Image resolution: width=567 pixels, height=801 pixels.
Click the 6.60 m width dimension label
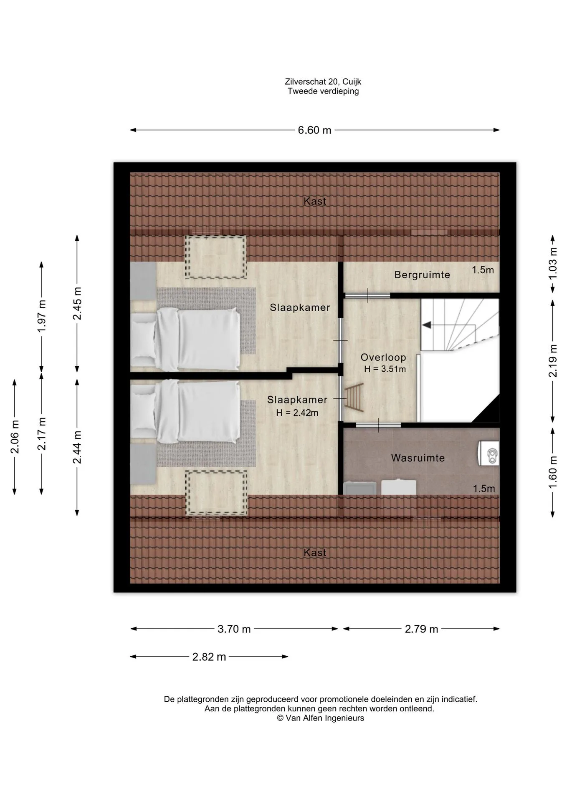pos(314,130)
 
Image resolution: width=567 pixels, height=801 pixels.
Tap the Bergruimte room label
pos(422,275)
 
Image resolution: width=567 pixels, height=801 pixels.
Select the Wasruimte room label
pos(418,458)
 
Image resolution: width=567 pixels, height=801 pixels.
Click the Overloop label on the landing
pos(383,358)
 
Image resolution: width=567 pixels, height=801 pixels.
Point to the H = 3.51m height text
pos(385,369)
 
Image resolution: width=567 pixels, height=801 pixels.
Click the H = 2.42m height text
pos(297,413)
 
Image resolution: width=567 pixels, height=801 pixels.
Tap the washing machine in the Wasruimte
pos(489,453)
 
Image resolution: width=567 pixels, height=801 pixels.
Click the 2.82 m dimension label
pos(209,657)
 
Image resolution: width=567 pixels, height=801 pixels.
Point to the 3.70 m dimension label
pos(234,629)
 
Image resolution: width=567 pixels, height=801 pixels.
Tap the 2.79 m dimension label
pos(421,629)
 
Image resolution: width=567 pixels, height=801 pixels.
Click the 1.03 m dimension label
pos(553,264)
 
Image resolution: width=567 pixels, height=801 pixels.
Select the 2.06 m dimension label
pos(15,437)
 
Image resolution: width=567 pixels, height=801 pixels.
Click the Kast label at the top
pos(315,201)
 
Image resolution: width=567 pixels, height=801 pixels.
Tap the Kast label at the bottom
pos(315,553)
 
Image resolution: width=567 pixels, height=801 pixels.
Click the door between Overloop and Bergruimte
pos(367,295)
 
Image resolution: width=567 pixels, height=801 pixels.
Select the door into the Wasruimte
pos(378,425)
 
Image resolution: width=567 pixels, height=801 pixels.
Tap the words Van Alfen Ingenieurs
pos(325,718)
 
